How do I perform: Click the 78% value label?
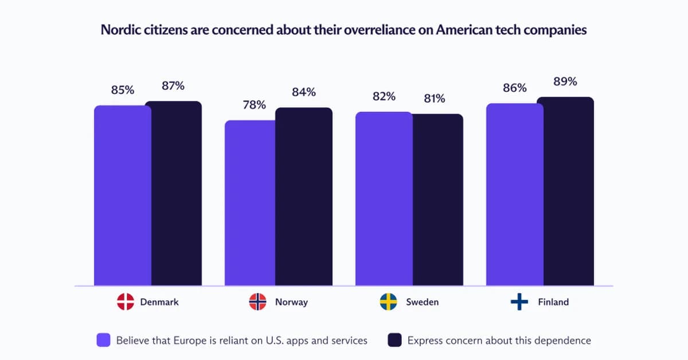pyautogui.click(x=254, y=105)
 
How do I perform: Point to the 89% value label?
pyautogui.click(x=565, y=81)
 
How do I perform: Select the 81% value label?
pyautogui.click(x=434, y=99)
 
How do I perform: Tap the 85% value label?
pyautogui.click(x=123, y=90)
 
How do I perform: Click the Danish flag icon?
pyautogui.click(x=125, y=302)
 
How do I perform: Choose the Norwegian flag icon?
pyautogui.click(x=257, y=302)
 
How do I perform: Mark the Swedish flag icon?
pyautogui.click(x=389, y=302)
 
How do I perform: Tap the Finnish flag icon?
pyautogui.click(x=519, y=302)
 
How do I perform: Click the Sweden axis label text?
pyautogui.click(x=422, y=302)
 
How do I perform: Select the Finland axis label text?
pyautogui.click(x=553, y=302)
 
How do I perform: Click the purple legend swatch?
pyautogui.click(x=103, y=340)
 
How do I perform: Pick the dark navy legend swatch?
pyautogui.click(x=394, y=340)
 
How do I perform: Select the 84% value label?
pyautogui.click(x=304, y=92)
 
